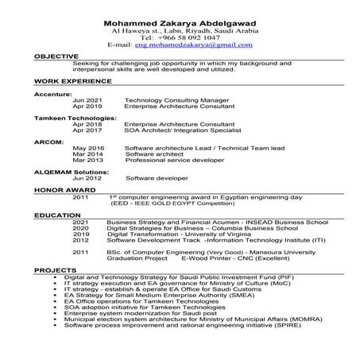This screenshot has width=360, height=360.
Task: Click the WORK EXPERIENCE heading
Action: click(68, 82)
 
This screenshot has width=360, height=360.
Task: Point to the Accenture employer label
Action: click(52, 94)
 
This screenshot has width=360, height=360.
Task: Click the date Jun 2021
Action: click(87, 100)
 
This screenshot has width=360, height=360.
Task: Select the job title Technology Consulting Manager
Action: click(173, 100)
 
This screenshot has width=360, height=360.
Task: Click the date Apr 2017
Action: click(87, 130)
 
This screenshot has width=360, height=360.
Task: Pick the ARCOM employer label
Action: click(48, 142)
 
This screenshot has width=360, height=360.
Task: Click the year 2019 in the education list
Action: click(81, 235)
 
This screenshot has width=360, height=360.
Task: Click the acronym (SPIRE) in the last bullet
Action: click(293, 325)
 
